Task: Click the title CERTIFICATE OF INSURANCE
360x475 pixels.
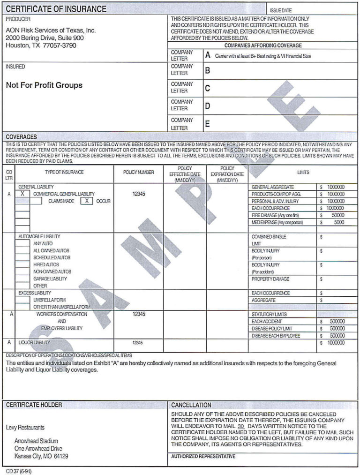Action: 56,9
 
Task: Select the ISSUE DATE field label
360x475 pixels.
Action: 280,10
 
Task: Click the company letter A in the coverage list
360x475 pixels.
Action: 208,55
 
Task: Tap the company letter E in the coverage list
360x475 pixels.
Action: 208,124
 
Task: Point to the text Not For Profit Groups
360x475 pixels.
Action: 44,85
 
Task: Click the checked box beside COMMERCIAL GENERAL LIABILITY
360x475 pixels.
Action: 22,194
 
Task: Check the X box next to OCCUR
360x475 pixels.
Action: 86,201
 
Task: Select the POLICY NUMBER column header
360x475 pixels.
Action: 138,173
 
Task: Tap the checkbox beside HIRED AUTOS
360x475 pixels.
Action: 22,264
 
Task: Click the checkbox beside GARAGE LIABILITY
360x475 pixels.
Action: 22,279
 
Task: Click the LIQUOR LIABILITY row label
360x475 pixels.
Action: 34,343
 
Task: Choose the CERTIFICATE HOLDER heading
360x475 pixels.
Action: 34,405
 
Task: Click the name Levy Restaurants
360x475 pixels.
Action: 25,428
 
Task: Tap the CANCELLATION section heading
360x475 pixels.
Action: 191,405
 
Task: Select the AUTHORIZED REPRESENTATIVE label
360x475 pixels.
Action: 203,456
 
